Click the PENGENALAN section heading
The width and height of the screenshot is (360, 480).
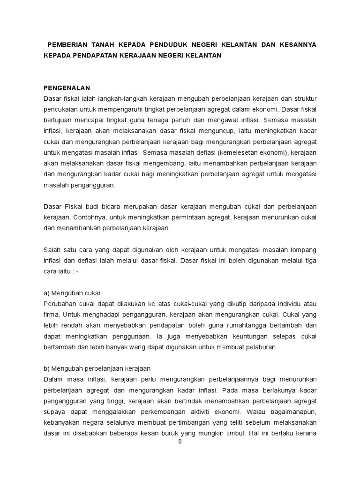click(66, 88)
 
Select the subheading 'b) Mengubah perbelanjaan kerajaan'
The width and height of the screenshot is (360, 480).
click(96, 368)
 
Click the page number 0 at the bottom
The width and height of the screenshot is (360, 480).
click(180, 441)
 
